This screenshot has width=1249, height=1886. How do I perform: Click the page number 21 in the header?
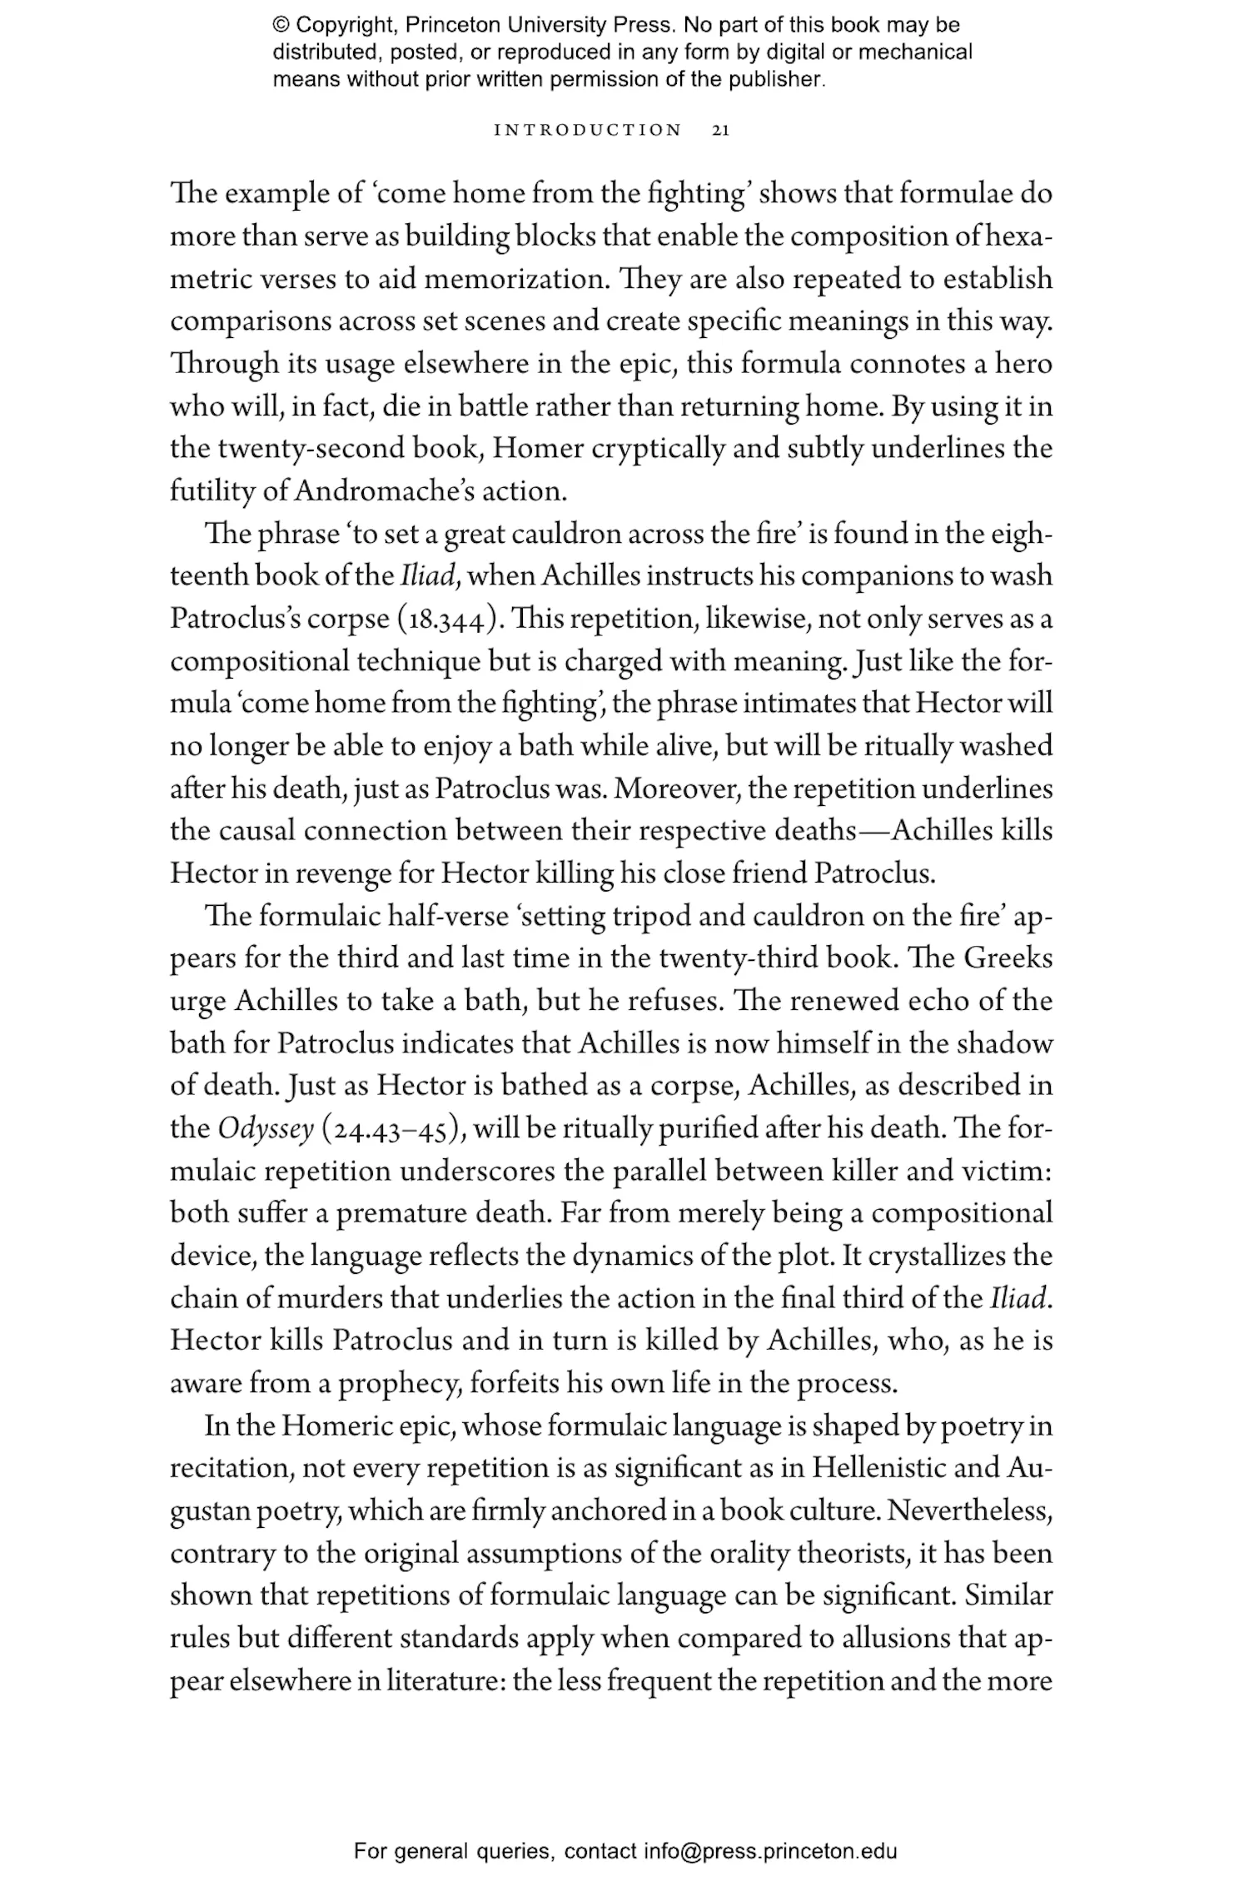pos(721,131)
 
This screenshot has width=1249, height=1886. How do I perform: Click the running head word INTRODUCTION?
pos(588,131)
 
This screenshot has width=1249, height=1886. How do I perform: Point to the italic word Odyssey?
pos(266,1129)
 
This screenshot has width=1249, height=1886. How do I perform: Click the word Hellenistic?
pos(878,1469)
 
